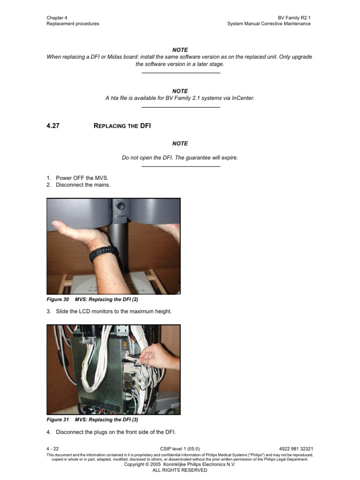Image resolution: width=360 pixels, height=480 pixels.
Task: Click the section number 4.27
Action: (53, 126)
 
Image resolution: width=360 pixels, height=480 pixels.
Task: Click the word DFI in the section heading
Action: (145, 126)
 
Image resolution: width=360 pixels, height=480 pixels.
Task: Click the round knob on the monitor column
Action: (120, 205)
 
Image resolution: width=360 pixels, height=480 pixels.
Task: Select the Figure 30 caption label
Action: (58, 300)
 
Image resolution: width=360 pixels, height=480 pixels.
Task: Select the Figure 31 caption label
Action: (58, 420)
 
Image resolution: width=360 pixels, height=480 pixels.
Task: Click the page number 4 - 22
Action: (52, 449)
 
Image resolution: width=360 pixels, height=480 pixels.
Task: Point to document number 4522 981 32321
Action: (296, 449)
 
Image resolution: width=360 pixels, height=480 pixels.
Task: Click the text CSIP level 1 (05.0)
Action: (180, 449)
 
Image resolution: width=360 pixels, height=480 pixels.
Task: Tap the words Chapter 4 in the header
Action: (57, 18)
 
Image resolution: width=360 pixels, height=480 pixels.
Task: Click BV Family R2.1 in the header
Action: (294, 18)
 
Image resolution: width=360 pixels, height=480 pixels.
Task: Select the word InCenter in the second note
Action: (243, 98)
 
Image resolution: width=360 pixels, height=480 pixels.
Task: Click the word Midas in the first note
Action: (115, 57)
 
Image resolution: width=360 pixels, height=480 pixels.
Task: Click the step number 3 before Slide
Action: (48, 311)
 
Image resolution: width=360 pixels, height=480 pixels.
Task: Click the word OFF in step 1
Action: (79, 178)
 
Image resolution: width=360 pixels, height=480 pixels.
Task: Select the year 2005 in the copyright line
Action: (155, 465)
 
